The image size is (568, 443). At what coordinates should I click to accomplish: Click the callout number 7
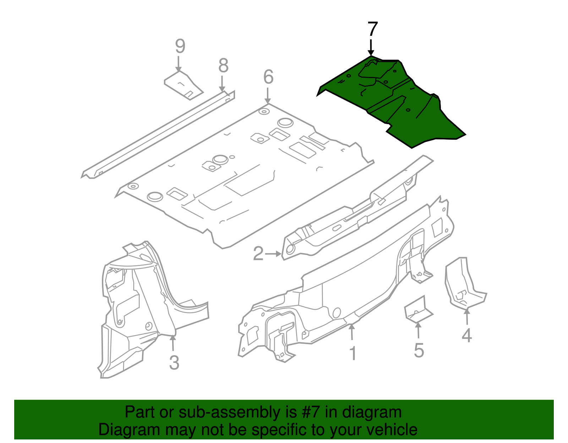pos(372,29)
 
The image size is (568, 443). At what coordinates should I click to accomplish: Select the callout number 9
pos(180,46)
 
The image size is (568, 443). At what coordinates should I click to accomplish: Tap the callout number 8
pos(223,66)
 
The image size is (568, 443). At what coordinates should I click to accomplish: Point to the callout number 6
pos(268,77)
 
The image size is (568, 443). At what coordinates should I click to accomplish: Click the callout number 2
pos(258,254)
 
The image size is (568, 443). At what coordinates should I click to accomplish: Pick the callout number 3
pos(174,362)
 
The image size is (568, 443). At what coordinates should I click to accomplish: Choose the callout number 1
pos(353,354)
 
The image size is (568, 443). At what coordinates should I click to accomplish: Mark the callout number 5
pos(419,350)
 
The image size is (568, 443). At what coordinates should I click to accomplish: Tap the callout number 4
pos(466,335)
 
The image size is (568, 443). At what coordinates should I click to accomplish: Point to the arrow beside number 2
pos(273,254)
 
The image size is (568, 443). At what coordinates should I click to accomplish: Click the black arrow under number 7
pos(371,48)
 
